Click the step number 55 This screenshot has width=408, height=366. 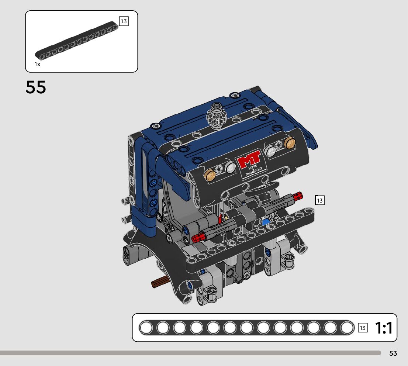coord(36,87)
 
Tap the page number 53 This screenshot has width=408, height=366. coord(393,353)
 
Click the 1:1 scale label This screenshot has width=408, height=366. coord(384,328)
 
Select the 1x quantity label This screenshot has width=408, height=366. coord(38,64)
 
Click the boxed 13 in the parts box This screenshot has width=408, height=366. coord(124,21)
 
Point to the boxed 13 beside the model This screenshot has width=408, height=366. coord(320,200)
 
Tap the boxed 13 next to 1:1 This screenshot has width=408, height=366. coord(363,328)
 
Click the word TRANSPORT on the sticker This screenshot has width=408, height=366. coord(253,171)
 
